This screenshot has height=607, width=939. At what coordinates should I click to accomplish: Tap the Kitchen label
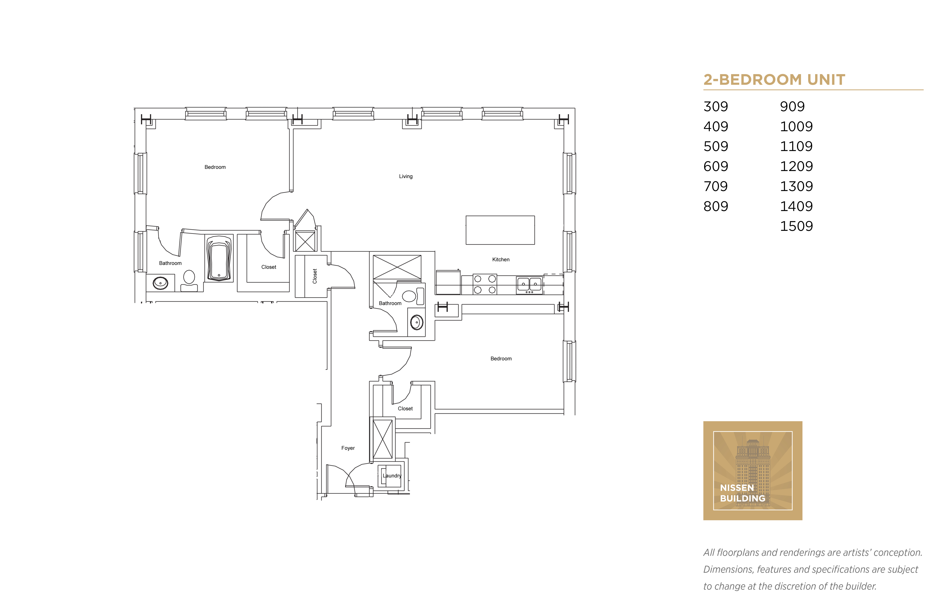coord(501,259)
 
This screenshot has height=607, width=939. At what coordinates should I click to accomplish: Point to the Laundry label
coord(392,476)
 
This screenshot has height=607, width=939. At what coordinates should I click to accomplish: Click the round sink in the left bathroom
coord(160,283)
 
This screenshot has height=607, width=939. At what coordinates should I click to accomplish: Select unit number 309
coord(715,106)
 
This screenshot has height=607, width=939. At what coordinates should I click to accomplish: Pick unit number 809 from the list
coord(715,206)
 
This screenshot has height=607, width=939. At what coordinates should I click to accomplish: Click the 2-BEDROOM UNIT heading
coord(774,80)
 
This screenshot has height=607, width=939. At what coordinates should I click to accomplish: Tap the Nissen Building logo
coord(753,471)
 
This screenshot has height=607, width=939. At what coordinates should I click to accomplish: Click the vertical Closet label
coord(315,276)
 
